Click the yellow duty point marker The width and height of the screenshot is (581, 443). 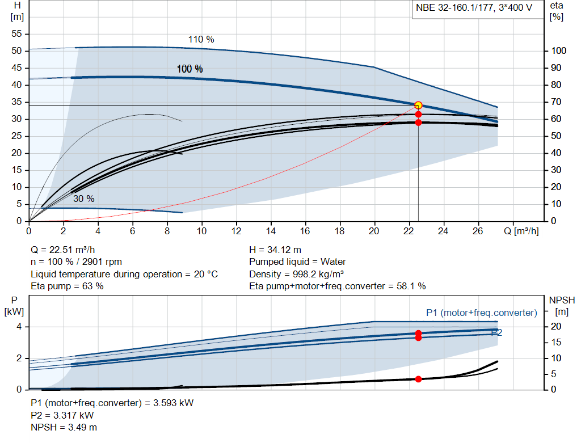418,105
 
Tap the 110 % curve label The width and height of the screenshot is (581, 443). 201,40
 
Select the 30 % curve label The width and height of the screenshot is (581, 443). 83,199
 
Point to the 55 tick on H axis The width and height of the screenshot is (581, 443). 16,34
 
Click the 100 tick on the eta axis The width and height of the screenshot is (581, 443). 559,51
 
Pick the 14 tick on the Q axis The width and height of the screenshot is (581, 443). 271,231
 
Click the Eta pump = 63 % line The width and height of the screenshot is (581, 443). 67,286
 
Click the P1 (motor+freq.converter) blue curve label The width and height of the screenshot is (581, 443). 481,313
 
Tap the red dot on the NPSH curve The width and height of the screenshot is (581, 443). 418,379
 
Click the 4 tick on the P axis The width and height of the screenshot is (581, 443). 19,327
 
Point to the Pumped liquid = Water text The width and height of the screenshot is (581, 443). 297,262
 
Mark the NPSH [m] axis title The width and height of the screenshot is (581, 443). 559,306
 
